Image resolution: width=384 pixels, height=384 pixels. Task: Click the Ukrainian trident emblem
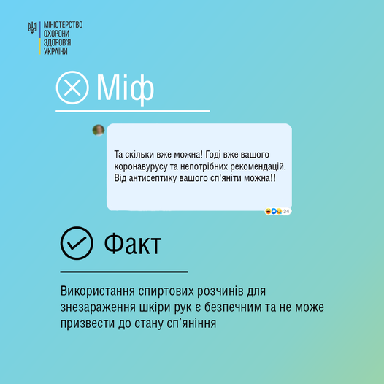[x=32, y=27]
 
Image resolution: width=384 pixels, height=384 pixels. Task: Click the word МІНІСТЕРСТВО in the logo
[x=64, y=25]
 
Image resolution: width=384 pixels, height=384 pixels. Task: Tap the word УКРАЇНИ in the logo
[x=55, y=51]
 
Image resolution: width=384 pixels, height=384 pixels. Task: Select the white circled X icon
[x=72, y=88]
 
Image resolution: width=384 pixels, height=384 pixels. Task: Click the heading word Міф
[x=125, y=88]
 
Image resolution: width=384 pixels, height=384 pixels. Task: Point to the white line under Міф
[x=133, y=111]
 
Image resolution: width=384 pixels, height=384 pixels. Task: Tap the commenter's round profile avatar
[x=99, y=130]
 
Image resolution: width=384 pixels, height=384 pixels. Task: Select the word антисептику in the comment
[x=153, y=178]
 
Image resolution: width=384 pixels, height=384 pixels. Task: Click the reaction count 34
[x=286, y=211]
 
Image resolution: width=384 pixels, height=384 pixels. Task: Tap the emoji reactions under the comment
[x=274, y=211]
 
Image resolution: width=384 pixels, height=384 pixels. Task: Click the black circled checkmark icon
[x=77, y=243]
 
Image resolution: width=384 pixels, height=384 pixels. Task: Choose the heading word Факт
[x=132, y=243]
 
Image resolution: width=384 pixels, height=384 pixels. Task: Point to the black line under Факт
[x=124, y=272]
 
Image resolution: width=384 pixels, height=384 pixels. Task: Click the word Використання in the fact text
[x=98, y=291]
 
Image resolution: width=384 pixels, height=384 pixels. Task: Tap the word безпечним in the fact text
[x=233, y=307]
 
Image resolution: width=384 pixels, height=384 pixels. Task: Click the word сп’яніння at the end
[x=191, y=323]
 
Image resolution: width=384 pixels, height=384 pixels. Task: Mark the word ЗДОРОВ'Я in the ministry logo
[x=57, y=42]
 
